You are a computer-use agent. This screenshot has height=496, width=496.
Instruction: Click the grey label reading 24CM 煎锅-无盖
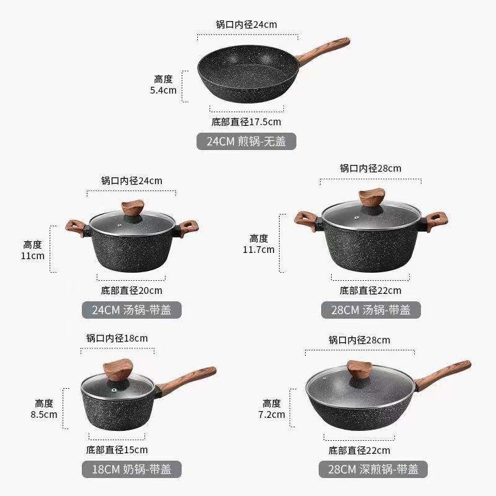(x=246, y=141)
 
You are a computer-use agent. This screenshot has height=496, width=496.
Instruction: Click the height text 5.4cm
(x=163, y=90)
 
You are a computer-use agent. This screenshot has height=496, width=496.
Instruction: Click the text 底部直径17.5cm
(x=245, y=122)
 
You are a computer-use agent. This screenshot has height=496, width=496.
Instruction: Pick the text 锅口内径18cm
(x=117, y=339)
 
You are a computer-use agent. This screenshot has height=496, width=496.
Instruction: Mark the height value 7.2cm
(x=272, y=414)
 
